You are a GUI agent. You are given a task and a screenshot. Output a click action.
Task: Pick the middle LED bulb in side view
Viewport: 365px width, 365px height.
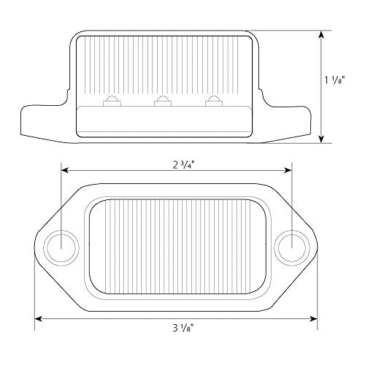[161, 101]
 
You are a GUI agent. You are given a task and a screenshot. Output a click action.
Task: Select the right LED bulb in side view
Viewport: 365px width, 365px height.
[213, 101]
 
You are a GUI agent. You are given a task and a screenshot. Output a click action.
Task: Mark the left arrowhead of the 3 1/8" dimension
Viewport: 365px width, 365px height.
[39, 318]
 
